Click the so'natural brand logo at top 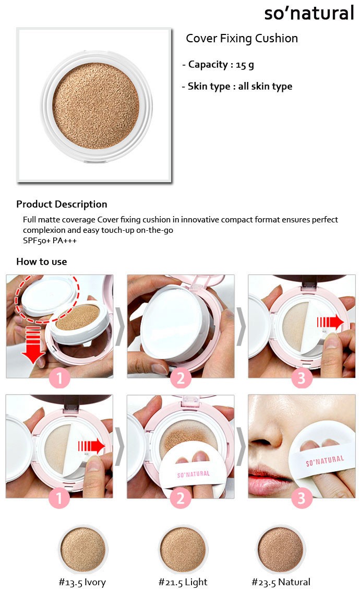click(x=309, y=13)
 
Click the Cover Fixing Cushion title click(x=242, y=39)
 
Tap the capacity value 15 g click(x=245, y=65)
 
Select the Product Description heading click(x=62, y=204)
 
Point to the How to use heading click(x=42, y=262)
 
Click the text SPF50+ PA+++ click(x=50, y=241)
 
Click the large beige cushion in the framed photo click(x=96, y=106)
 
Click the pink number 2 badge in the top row click(x=181, y=378)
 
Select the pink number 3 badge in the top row click(x=302, y=378)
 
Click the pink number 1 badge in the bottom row click(x=59, y=498)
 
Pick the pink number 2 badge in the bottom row click(x=181, y=498)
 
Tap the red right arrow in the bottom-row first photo click(x=91, y=446)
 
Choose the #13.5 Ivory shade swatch click(x=83, y=550)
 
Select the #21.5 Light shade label click(x=183, y=582)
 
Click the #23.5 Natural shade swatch click(x=281, y=550)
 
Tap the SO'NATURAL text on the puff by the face click(x=325, y=461)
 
